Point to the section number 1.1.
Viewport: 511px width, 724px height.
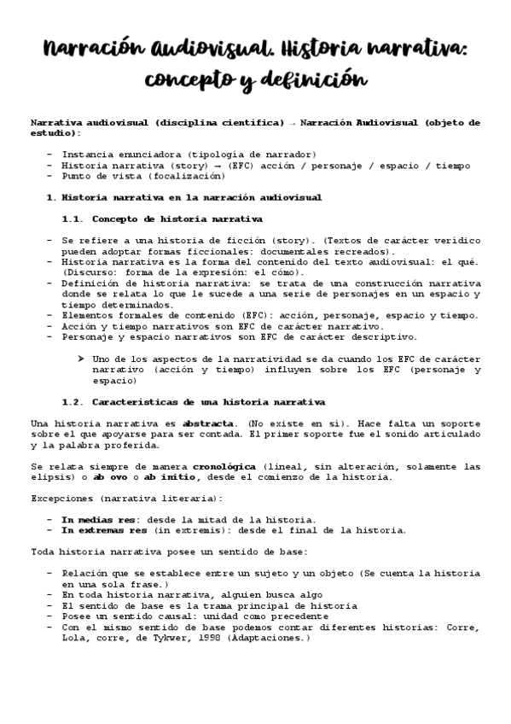point(73,219)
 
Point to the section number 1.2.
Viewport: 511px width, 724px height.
point(73,401)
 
